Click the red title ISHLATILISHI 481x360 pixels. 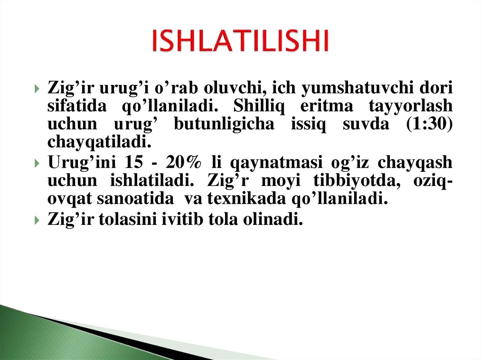(x=240, y=41)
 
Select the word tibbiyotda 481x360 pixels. (x=346, y=181)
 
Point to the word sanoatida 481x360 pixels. (x=134, y=199)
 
